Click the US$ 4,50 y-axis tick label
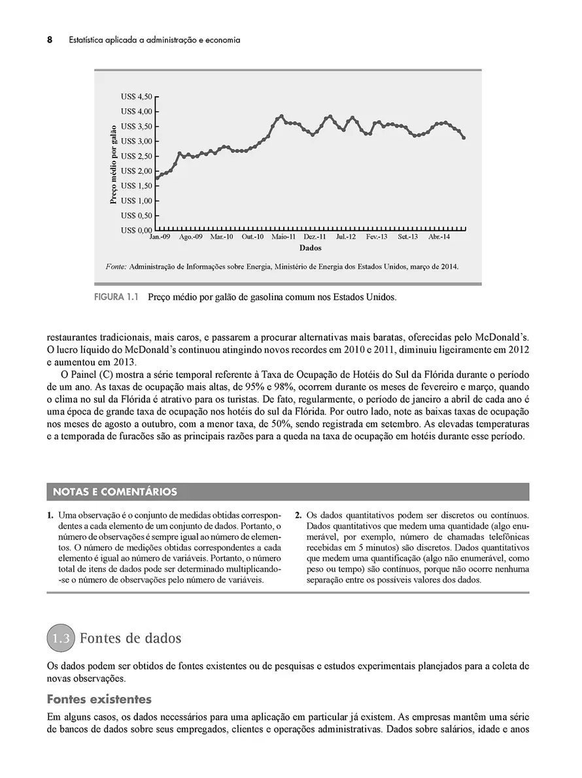click(x=136, y=97)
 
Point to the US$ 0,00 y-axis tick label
click(x=136, y=231)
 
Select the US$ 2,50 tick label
click(x=136, y=156)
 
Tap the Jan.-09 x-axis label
click(x=160, y=237)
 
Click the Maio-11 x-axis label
click(x=284, y=237)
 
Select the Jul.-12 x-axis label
click(x=346, y=237)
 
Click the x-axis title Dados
click(x=310, y=248)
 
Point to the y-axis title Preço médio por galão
click(x=114, y=164)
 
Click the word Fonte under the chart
click(x=116, y=267)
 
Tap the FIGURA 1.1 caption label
click(x=118, y=297)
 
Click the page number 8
click(x=50, y=40)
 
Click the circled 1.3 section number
click(x=61, y=639)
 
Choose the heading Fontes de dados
click(x=131, y=638)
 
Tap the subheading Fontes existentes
click(x=99, y=700)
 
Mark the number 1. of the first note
click(x=50, y=515)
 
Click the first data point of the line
click(x=157, y=178)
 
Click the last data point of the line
click(x=464, y=138)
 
